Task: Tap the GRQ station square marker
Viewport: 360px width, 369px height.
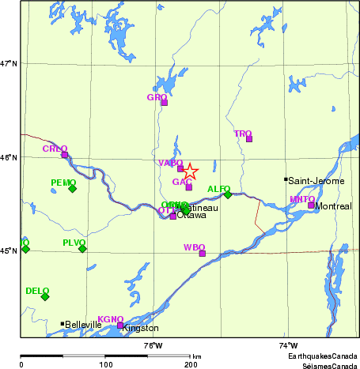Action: [x=165, y=102]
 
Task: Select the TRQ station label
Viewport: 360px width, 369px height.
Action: [x=242, y=134]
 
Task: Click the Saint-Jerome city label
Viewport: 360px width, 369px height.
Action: [x=315, y=180]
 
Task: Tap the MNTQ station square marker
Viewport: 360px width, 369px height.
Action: [x=311, y=205]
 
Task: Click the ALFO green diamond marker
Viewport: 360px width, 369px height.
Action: [x=228, y=194]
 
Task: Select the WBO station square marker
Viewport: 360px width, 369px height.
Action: [x=203, y=254]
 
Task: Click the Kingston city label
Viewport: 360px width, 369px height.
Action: [x=141, y=328]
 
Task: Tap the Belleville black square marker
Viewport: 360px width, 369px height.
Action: [x=63, y=323]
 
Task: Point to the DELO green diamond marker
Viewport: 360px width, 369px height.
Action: [x=45, y=296]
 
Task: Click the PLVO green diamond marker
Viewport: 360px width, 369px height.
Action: [x=82, y=248]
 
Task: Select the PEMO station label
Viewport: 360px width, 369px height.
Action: [x=63, y=183]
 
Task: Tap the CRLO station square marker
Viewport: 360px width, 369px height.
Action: [x=65, y=155]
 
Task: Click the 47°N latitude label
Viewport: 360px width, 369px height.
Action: [x=9, y=63]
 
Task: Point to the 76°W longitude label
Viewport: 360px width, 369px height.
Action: [x=153, y=346]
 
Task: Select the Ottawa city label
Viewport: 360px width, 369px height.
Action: [x=191, y=215]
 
